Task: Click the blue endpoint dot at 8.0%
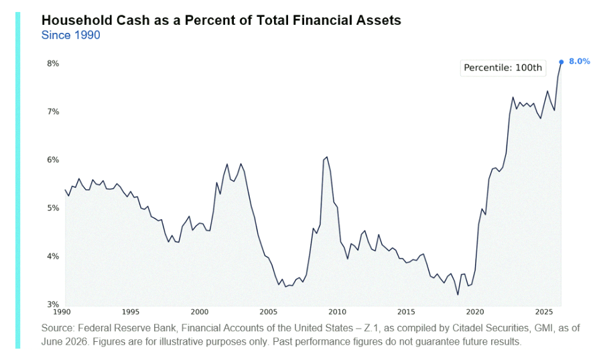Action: [x=561, y=62]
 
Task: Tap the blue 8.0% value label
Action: [x=579, y=61]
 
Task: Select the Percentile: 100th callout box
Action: [x=503, y=68]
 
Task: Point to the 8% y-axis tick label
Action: [x=53, y=64]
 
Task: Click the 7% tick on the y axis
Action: [x=53, y=111]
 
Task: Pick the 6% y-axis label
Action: [x=53, y=160]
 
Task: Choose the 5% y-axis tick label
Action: [x=53, y=208]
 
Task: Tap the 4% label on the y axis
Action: [x=53, y=256]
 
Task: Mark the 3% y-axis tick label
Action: [x=53, y=304]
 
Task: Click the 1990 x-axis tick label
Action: [x=62, y=312]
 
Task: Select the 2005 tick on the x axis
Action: [x=268, y=312]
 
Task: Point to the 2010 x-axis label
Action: [x=337, y=312]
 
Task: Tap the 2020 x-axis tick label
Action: [x=475, y=312]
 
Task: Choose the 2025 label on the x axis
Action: [x=543, y=312]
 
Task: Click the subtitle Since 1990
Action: [x=70, y=35]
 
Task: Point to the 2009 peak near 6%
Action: [x=326, y=157]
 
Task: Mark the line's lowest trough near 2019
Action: [x=458, y=294]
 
